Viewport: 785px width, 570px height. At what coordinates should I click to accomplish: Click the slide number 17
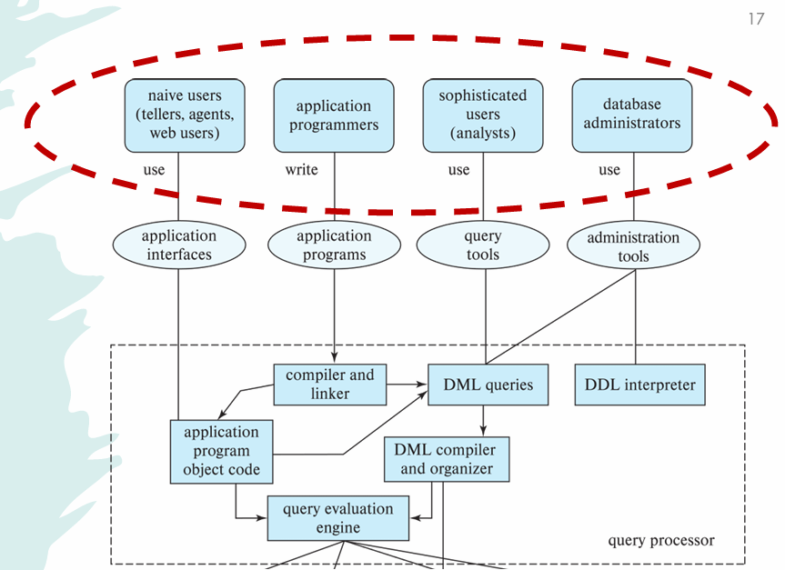(756, 18)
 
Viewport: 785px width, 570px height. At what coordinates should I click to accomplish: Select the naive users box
(185, 115)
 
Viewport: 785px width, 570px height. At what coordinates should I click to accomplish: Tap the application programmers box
(334, 115)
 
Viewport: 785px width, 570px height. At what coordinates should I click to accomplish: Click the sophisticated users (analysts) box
(483, 115)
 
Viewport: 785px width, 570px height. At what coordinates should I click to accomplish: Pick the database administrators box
(632, 115)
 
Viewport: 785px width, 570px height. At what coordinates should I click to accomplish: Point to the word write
(301, 170)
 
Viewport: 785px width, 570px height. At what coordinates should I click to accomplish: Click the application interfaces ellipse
(178, 245)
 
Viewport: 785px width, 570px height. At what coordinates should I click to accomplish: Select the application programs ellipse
(334, 245)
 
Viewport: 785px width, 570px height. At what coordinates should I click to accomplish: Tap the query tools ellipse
(483, 245)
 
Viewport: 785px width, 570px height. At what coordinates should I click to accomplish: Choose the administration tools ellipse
(633, 245)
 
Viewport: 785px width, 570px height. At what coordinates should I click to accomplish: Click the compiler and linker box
(329, 385)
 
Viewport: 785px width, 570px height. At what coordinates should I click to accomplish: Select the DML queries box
(488, 385)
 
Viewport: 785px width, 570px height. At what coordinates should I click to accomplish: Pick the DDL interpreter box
(640, 385)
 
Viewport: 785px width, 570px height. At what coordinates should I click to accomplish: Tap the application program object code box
(221, 451)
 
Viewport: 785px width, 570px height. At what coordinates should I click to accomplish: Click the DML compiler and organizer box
(447, 459)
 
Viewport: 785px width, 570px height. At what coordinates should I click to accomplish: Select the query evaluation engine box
(338, 518)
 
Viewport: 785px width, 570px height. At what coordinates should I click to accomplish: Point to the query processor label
(661, 541)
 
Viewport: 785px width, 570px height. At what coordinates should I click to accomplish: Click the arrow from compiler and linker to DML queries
(407, 385)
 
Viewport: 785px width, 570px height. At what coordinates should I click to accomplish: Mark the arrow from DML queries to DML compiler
(483, 420)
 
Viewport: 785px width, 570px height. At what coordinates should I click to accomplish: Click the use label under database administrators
(609, 170)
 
